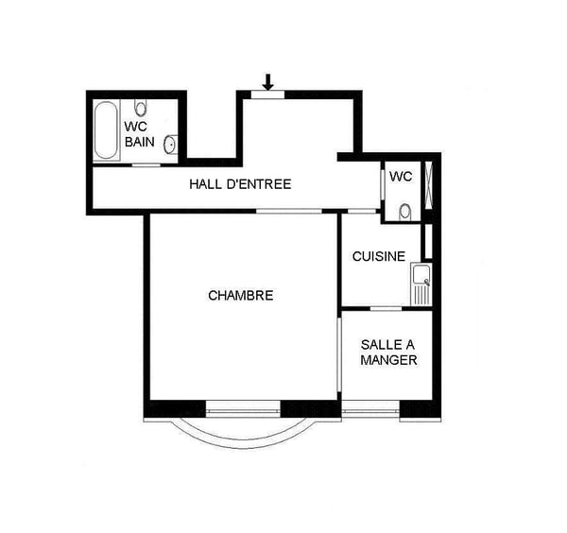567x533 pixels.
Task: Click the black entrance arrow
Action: [267, 81]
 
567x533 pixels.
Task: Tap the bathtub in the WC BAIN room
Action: [106, 130]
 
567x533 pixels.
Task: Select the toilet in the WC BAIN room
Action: [140, 107]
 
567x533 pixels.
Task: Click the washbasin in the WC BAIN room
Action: [170, 145]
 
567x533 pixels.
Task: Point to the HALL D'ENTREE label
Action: [240, 184]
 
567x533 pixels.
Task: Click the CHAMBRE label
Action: [240, 296]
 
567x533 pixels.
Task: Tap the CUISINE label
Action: [379, 257]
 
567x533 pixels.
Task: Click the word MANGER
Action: [388, 360]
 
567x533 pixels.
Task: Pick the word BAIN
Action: [140, 142]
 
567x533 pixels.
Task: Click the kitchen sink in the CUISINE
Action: [421, 284]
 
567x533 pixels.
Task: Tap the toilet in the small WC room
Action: [405, 213]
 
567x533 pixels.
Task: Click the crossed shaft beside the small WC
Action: [428, 185]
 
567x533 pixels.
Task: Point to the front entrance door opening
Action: [267, 95]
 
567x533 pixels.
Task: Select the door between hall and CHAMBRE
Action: [289, 211]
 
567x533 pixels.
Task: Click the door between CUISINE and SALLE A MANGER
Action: [386, 308]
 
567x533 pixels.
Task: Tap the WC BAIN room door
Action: [146, 164]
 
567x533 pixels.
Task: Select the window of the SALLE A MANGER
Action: [370, 410]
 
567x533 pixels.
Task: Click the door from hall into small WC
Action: [382, 183]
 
